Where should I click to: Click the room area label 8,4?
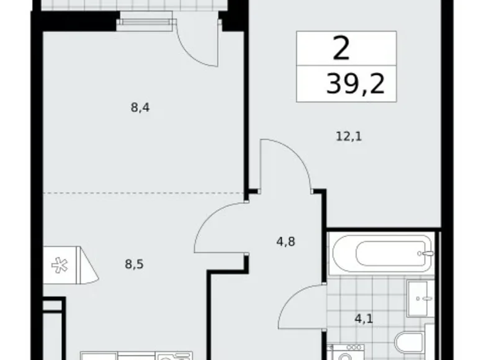(140, 107)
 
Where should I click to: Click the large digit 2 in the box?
(341, 49)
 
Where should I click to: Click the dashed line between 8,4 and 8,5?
(143, 193)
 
